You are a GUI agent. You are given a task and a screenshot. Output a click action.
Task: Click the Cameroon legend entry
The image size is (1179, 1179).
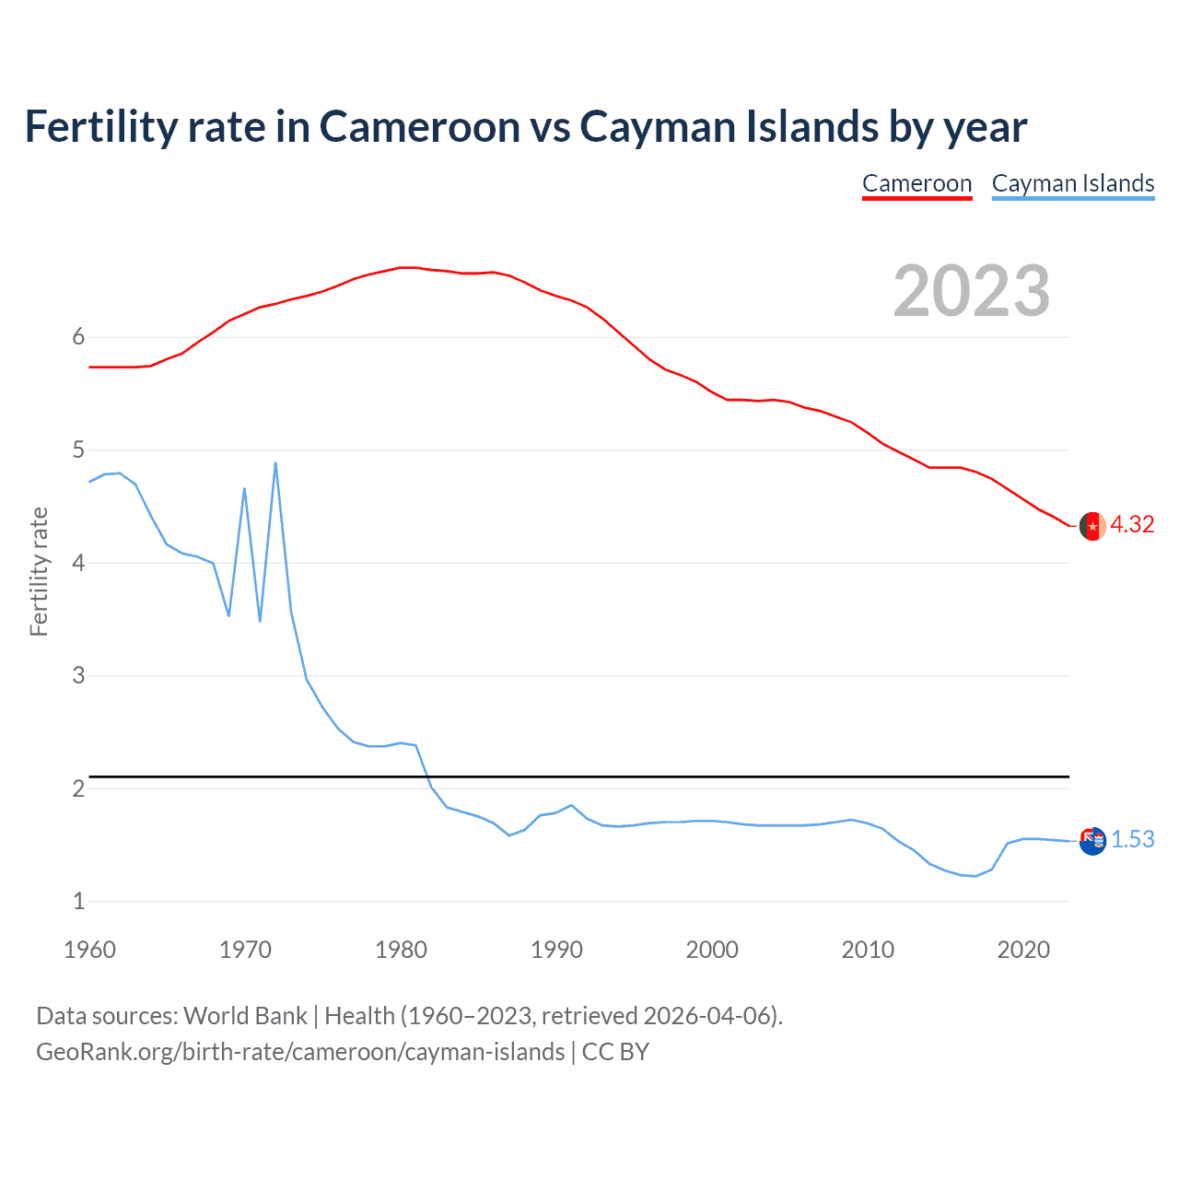pos(916,183)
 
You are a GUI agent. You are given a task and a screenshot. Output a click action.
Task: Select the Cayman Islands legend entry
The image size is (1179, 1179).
pos(1072,183)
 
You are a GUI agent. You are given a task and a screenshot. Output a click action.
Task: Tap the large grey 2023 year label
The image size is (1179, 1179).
pos(971,291)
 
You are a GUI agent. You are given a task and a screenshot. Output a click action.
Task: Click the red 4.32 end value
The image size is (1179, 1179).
pos(1131,524)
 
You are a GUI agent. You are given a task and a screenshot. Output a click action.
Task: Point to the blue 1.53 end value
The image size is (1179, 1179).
pos(1132,839)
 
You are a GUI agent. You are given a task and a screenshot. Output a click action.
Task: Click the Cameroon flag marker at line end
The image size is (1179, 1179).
pos(1092,526)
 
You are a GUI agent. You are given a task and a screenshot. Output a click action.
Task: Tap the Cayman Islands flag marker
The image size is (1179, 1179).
pos(1092,840)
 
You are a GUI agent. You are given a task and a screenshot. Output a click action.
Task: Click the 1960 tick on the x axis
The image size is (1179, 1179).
pos(89,950)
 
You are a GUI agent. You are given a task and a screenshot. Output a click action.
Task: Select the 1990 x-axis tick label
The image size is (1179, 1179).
pos(556,950)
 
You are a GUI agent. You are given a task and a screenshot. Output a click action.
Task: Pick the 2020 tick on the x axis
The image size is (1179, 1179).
pos(1023,950)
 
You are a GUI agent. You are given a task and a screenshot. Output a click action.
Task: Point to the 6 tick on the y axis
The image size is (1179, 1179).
pos(78,337)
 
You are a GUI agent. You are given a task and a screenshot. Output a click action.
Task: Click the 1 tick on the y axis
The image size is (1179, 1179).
pos(78,902)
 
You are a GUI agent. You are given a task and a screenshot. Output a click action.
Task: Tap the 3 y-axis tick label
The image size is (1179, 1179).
pos(78,676)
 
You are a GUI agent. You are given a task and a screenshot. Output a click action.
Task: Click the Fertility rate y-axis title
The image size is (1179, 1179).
pos(39,571)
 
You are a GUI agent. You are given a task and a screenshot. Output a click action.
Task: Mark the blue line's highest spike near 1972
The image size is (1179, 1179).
pos(275,463)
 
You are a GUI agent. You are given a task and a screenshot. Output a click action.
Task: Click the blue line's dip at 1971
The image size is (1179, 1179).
pos(260,621)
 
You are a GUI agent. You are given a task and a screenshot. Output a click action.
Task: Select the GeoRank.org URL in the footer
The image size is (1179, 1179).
pos(300,1052)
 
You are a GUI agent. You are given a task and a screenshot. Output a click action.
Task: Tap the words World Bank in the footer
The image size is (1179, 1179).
pos(245,1016)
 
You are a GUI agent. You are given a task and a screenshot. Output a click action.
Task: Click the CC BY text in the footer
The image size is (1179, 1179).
pos(615,1052)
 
